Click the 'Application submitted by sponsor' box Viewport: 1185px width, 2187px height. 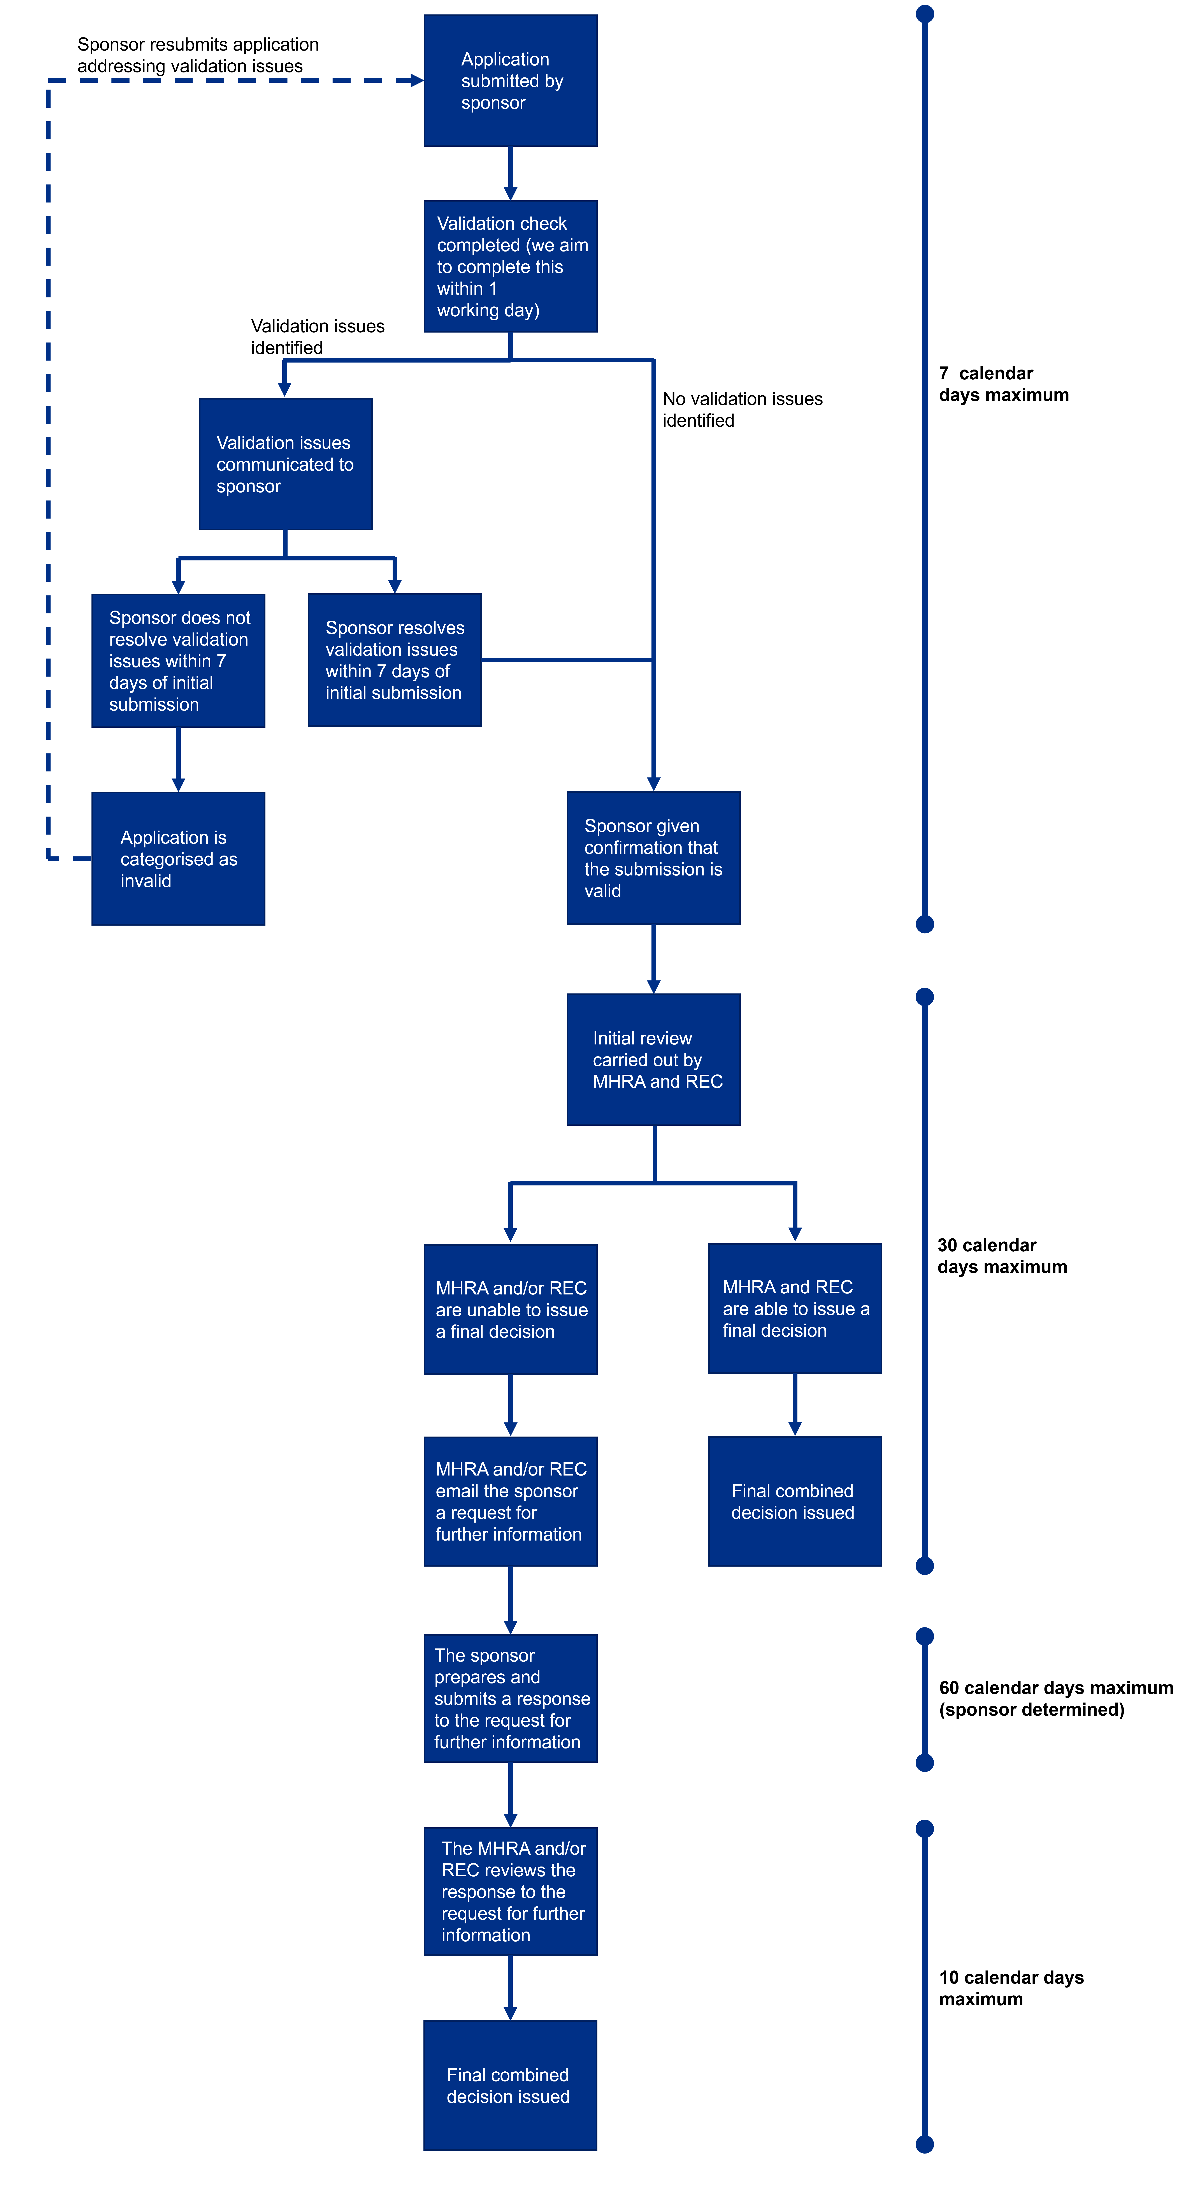tap(510, 81)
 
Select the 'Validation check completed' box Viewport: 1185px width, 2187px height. tap(510, 267)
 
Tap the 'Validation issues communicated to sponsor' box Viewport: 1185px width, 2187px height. tap(285, 464)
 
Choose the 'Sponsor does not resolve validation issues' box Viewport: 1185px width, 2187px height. tap(178, 660)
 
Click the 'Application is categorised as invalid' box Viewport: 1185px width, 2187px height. tap(178, 858)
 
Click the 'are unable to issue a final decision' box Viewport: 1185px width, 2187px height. tap(510, 1309)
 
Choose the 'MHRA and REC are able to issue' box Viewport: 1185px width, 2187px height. tap(795, 1308)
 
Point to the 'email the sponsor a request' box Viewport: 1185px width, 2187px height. tap(510, 1501)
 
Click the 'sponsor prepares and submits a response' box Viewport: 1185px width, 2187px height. tap(510, 1698)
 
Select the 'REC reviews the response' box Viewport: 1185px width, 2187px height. tap(510, 1891)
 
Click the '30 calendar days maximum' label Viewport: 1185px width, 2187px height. tap(1002, 1256)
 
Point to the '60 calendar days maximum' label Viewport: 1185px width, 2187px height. tap(1055, 1698)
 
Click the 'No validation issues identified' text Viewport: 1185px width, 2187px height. tap(742, 409)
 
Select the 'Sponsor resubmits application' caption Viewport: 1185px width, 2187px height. tap(198, 55)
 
